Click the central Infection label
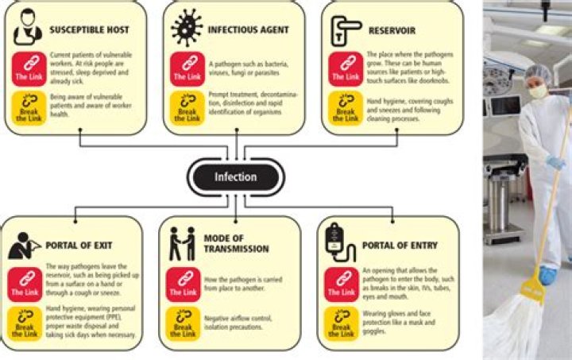pos(235,176)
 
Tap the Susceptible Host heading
pos(90,30)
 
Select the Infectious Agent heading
pos(249,30)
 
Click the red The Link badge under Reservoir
pos(345,68)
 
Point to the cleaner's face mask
pos(537,92)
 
